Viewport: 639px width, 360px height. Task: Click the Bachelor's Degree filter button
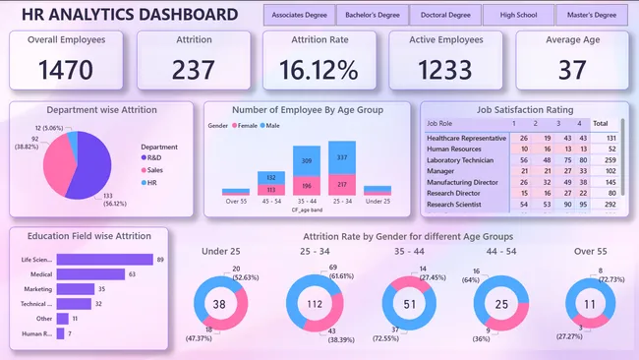click(x=372, y=15)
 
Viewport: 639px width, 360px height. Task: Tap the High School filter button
click(x=518, y=15)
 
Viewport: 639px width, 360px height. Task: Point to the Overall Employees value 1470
click(x=67, y=70)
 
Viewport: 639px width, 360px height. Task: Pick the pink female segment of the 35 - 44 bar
click(x=306, y=188)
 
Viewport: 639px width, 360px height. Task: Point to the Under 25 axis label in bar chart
click(x=377, y=202)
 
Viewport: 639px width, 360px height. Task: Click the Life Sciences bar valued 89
click(x=104, y=260)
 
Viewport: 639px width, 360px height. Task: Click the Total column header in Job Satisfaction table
click(x=600, y=124)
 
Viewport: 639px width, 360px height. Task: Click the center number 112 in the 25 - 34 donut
click(x=315, y=304)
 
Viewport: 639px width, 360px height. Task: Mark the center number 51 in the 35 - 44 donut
click(x=411, y=304)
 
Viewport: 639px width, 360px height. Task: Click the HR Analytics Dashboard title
click(x=130, y=15)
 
